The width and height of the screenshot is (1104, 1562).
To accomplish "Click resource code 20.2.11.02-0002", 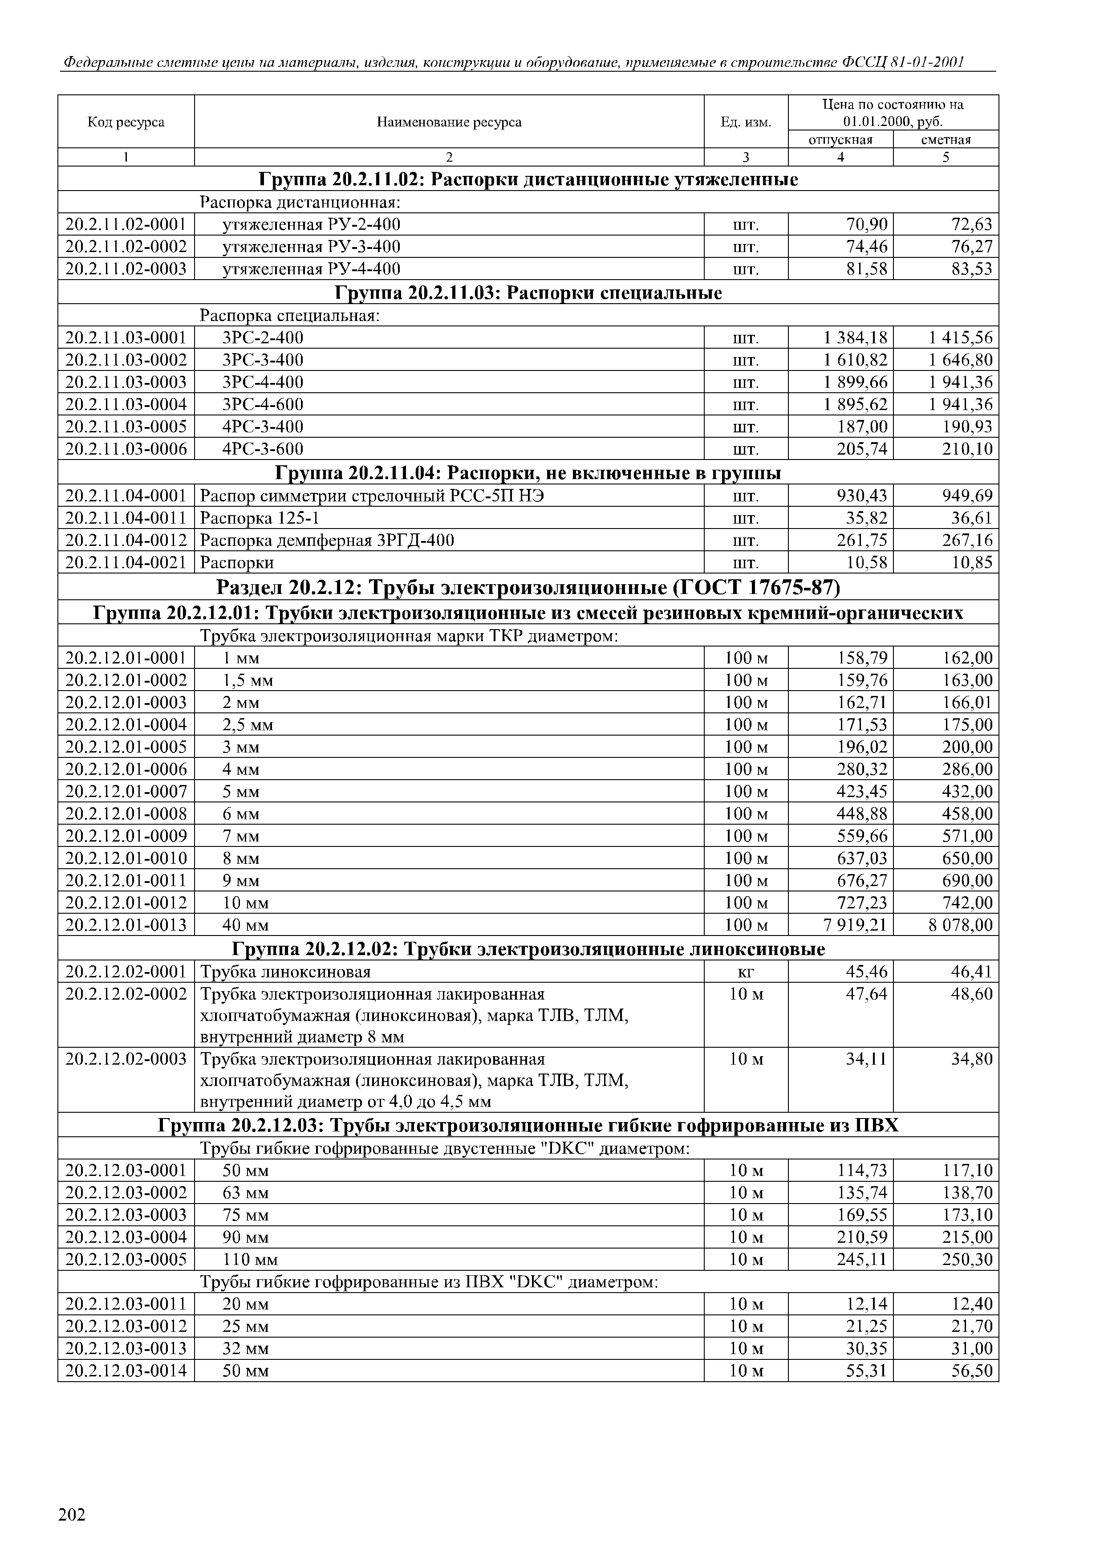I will coord(126,246).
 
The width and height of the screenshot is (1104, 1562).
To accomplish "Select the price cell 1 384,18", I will coord(855,338).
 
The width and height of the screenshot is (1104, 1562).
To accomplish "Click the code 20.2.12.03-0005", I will coord(126,1259).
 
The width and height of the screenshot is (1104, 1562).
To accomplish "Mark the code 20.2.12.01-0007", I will coord(126,792).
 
